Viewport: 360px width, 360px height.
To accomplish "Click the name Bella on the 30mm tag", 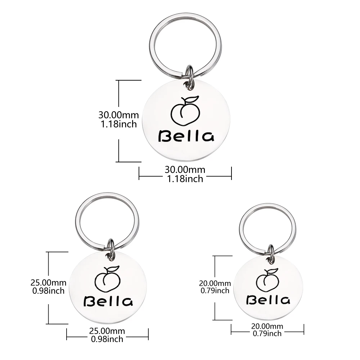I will (x=186, y=136).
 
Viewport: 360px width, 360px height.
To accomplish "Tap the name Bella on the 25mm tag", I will (x=108, y=301).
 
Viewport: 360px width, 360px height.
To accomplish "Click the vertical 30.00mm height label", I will (x=118, y=115).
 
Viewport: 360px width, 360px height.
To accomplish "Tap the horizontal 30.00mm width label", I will (x=185, y=169).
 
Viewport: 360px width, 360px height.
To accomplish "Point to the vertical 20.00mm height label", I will (x=215, y=284).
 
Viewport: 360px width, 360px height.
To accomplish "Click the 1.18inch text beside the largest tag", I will (x=118, y=125).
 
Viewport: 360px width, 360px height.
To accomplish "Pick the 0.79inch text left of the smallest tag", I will (x=215, y=291).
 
